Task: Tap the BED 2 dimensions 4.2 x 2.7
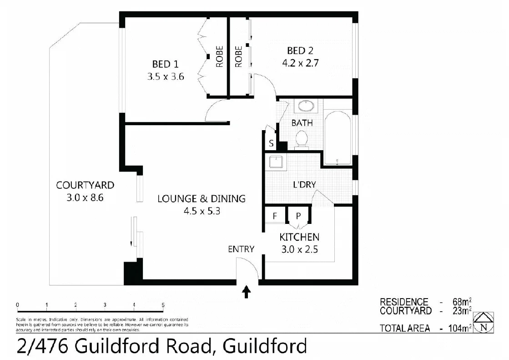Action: [x=300, y=63]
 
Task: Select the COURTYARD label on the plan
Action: [x=85, y=185]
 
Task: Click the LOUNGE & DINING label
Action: [x=201, y=198]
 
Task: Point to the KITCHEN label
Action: [x=299, y=237]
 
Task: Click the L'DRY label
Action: [x=304, y=184]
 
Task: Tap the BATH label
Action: [x=302, y=122]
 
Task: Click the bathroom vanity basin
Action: [x=305, y=106]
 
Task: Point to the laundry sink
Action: [x=276, y=162]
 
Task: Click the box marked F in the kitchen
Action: [x=275, y=216]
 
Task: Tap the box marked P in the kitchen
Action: [x=298, y=216]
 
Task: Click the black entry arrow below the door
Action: [x=247, y=292]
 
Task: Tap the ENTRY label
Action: [x=241, y=249]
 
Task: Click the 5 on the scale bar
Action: [x=163, y=305]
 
